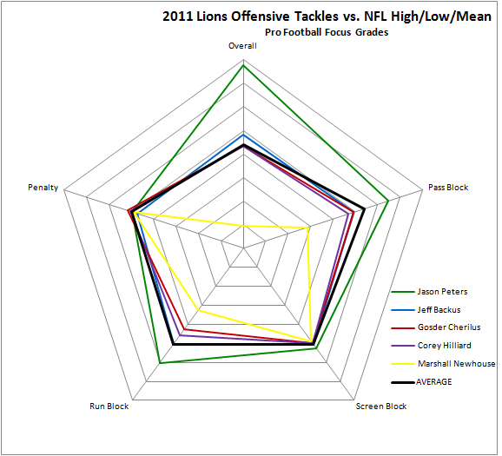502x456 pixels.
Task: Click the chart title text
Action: (327, 17)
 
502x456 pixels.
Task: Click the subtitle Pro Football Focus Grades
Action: (327, 32)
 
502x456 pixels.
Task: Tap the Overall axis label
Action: (242, 46)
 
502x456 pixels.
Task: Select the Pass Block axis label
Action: (448, 188)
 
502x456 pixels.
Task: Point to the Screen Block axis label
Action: (381, 406)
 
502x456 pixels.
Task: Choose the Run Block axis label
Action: (109, 406)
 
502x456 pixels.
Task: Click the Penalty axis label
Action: (43, 188)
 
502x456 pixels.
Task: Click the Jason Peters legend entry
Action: (429, 291)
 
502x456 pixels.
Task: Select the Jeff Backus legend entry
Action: (426, 310)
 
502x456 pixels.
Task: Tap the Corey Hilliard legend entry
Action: (432, 346)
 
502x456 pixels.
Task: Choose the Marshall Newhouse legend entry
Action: (443, 364)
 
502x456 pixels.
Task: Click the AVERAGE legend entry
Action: (421, 381)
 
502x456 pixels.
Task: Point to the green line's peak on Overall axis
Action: (243, 65)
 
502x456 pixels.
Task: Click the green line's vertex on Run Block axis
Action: (160, 363)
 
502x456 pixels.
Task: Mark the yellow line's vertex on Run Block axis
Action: (199, 310)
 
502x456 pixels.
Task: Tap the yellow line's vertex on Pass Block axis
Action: (308, 228)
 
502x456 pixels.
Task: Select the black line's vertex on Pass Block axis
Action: (364, 209)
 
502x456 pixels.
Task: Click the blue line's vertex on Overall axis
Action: (243, 135)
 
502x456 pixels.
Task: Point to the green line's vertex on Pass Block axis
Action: (388, 202)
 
